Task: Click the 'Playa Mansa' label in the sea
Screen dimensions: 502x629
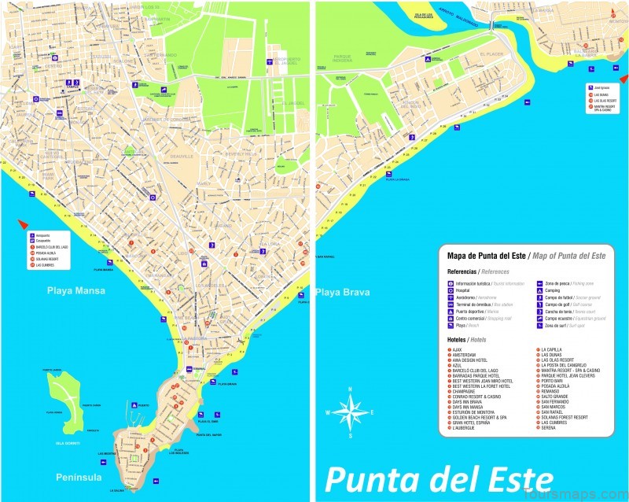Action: [x=75, y=291]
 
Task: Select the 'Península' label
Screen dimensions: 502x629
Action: [x=79, y=477]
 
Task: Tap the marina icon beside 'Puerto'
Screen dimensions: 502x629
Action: [x=134, y=405]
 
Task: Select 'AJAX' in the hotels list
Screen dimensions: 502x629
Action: [x=457, y=350]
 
